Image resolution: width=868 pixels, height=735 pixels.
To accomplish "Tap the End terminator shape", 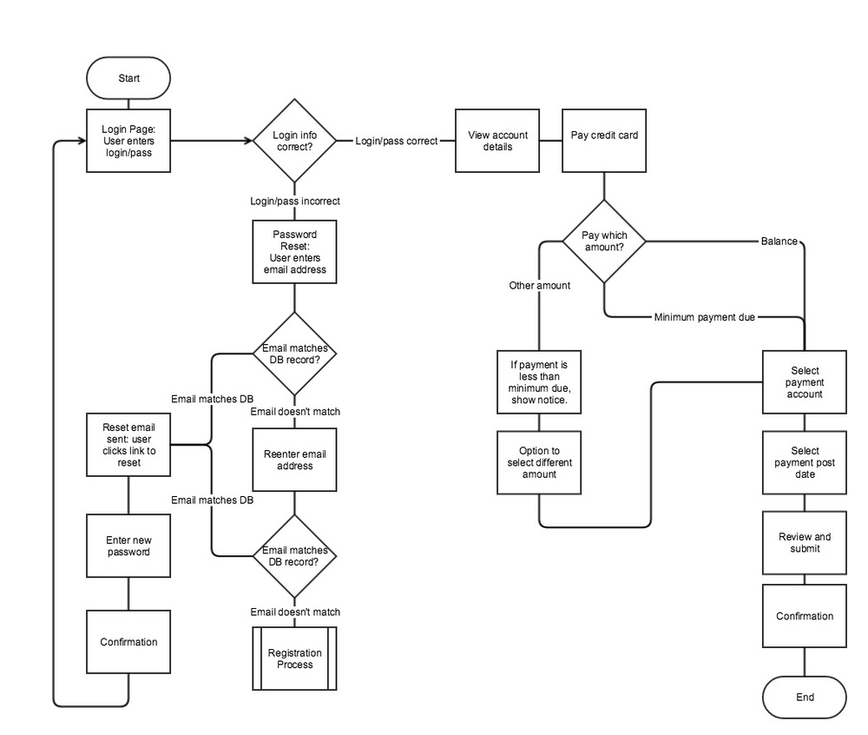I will (804, 698).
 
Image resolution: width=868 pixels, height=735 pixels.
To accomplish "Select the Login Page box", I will (128, 141).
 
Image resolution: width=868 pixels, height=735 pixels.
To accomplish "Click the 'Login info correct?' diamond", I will (294, 141).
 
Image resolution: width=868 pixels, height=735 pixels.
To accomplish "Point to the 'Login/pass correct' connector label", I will (396, 141).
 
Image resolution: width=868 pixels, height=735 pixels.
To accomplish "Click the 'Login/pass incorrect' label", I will (294, 202).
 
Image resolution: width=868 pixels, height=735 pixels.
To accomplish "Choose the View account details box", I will (490, 141).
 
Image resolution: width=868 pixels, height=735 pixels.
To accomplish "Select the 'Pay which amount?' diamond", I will (604, 241).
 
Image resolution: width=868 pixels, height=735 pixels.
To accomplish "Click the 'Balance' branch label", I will (779, 241).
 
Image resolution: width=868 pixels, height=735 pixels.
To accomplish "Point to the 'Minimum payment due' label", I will (704, 318).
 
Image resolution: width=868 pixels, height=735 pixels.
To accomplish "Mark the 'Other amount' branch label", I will (539, 285).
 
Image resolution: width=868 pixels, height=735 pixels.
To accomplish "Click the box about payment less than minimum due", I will (539, 382).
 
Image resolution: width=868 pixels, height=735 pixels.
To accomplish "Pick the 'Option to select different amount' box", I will (539, 462).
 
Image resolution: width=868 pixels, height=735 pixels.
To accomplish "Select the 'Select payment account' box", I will (804, 382).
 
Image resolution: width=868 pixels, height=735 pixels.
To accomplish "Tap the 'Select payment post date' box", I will (804, 462).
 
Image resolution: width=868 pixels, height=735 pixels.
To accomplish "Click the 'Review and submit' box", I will (804, 543).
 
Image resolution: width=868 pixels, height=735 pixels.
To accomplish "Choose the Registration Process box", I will (294, 659).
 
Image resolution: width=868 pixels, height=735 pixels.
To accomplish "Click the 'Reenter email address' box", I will (294, 460).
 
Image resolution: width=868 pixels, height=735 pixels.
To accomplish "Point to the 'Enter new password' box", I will (128, 546).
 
